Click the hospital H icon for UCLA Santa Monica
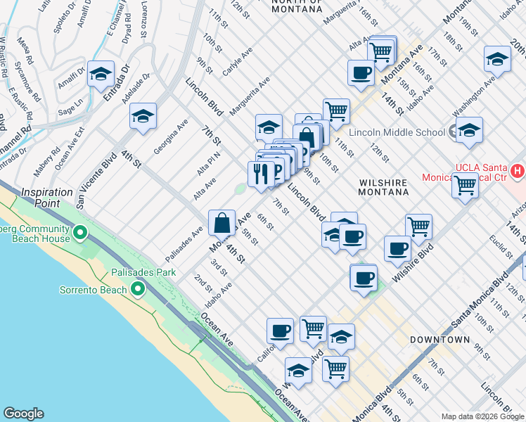[x=518, y=170]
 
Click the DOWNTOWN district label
[x=441, y=340]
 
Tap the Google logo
[x=23, y=414]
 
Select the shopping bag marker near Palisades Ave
[x=222, y=223]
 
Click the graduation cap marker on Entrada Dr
[x=101, y=74]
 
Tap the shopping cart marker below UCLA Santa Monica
[x=465, y=186]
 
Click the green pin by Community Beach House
[x=79, y=231]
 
